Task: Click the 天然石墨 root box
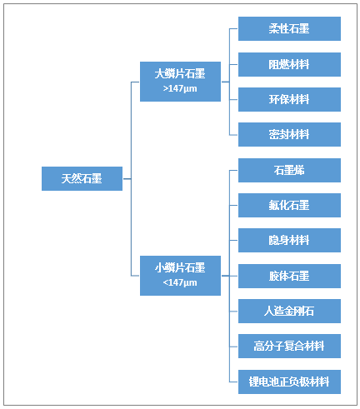[82, 178]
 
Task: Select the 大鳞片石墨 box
[180, 82]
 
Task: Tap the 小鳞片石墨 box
[180, 276]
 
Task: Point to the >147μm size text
[180, 88]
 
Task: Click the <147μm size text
[180, 282]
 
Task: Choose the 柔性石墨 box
[289, 28]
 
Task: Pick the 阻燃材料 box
[289, 64]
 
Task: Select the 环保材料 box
[289, 99]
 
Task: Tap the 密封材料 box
[289, 134]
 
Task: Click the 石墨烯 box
[289, 170]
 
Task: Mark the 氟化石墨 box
[289, 205]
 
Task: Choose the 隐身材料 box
[289, 240]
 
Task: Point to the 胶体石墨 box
[289, 276]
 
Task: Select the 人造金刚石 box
[289, 311]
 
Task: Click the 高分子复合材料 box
[289, 346]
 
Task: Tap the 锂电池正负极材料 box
[289, 382]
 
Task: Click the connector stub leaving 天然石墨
[127, 178]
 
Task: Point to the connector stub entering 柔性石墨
[233, 28]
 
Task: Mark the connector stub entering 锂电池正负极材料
[233, 382]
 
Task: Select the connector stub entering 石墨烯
[233, 170]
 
